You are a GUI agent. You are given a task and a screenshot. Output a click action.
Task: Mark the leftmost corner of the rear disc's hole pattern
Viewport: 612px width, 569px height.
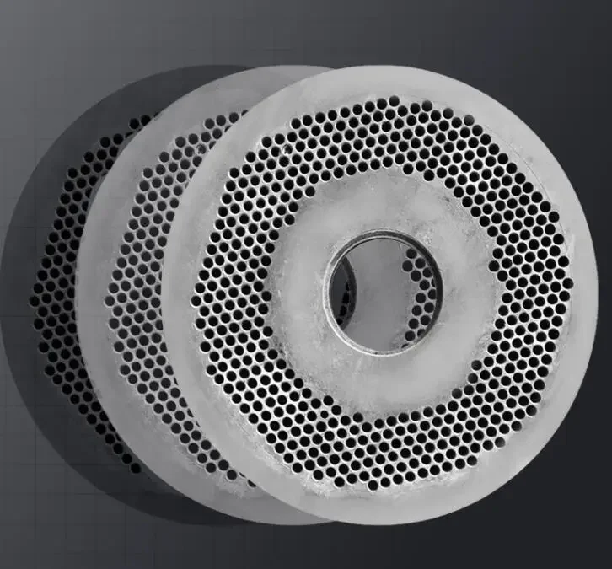click(x=34, y=295)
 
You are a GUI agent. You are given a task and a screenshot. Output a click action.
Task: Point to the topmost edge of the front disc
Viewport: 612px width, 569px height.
click(x=379, y=67)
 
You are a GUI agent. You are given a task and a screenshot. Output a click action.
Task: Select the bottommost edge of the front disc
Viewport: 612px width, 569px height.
click(x=379, y=523)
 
